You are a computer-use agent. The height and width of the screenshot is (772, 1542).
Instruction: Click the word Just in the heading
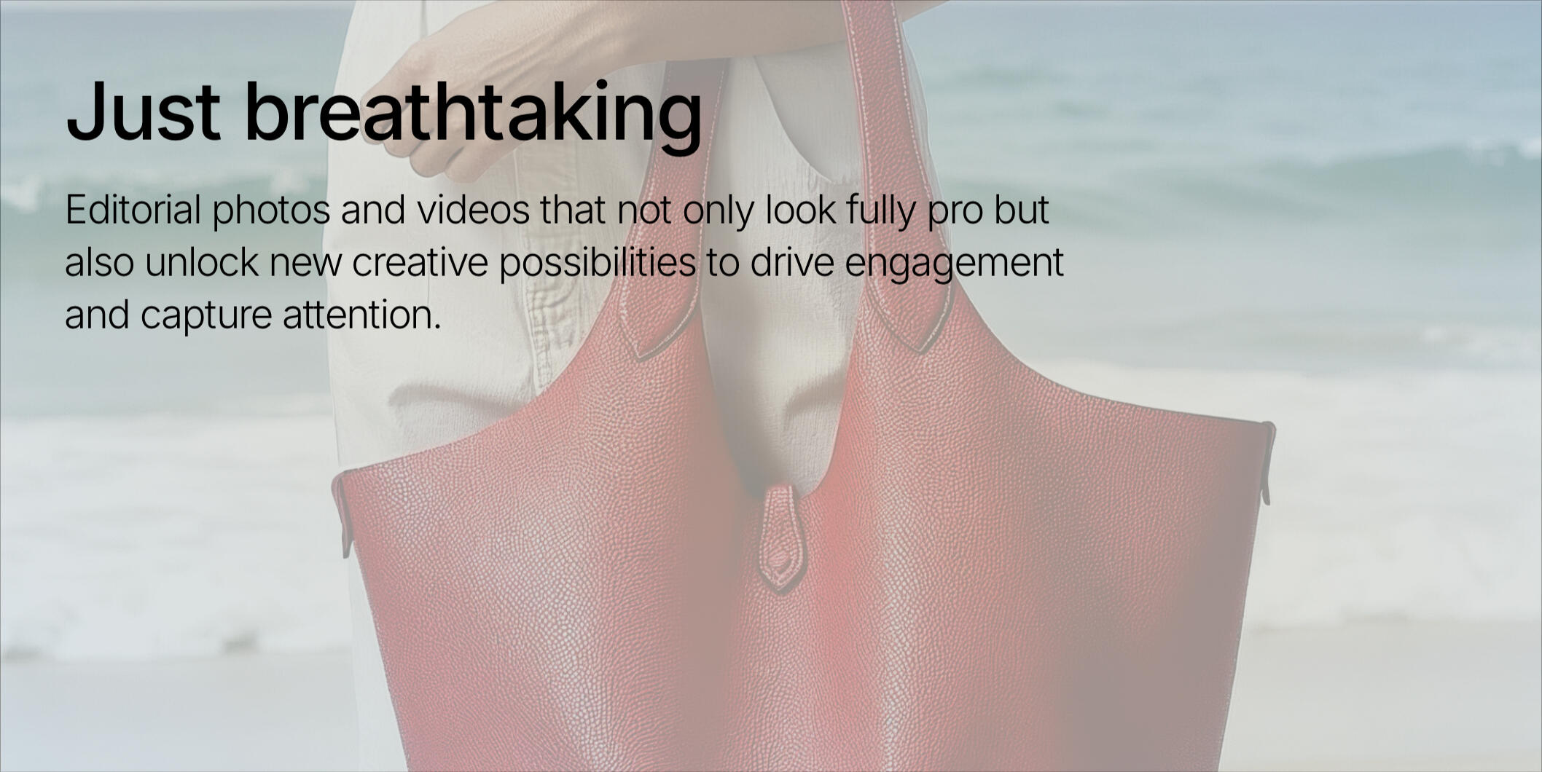point(143,111)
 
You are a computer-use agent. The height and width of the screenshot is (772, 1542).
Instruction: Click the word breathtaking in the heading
point(474,116)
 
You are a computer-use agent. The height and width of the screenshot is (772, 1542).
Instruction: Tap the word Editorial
point(133,210)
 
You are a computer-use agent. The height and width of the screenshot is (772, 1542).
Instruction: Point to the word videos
point(473,210)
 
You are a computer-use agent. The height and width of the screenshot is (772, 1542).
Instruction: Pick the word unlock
point(201,262)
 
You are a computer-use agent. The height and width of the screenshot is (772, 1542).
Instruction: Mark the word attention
point(362,315)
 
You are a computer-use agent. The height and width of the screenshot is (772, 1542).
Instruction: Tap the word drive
point(792,262)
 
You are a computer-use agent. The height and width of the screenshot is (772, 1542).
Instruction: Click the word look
point(800,210)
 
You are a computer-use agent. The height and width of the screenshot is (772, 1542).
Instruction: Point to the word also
point(99,262)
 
